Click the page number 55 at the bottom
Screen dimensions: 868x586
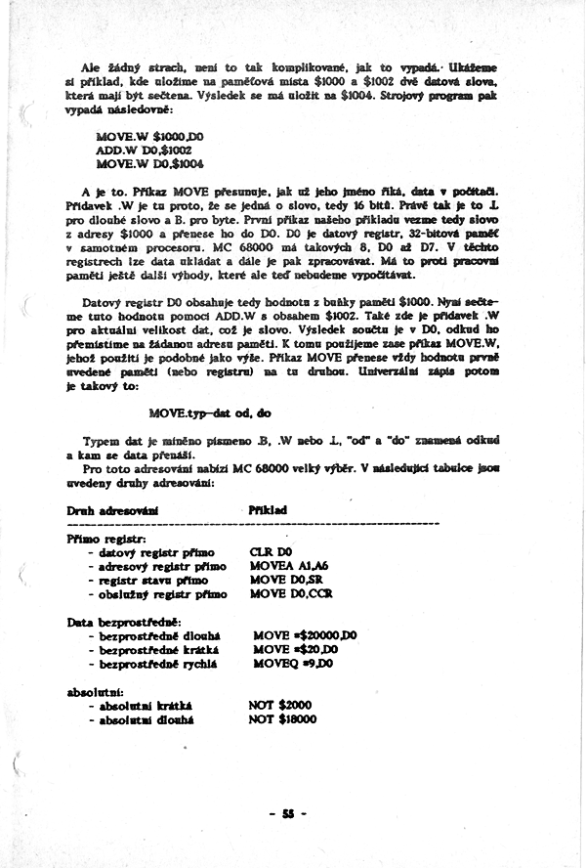(x=288, y=813)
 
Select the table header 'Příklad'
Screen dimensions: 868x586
(x=269, y=509)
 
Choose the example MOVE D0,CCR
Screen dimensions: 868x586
(x=290, y=593)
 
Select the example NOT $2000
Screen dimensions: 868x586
(x=281, y=705)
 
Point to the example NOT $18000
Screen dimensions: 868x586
(x=284, y=718)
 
